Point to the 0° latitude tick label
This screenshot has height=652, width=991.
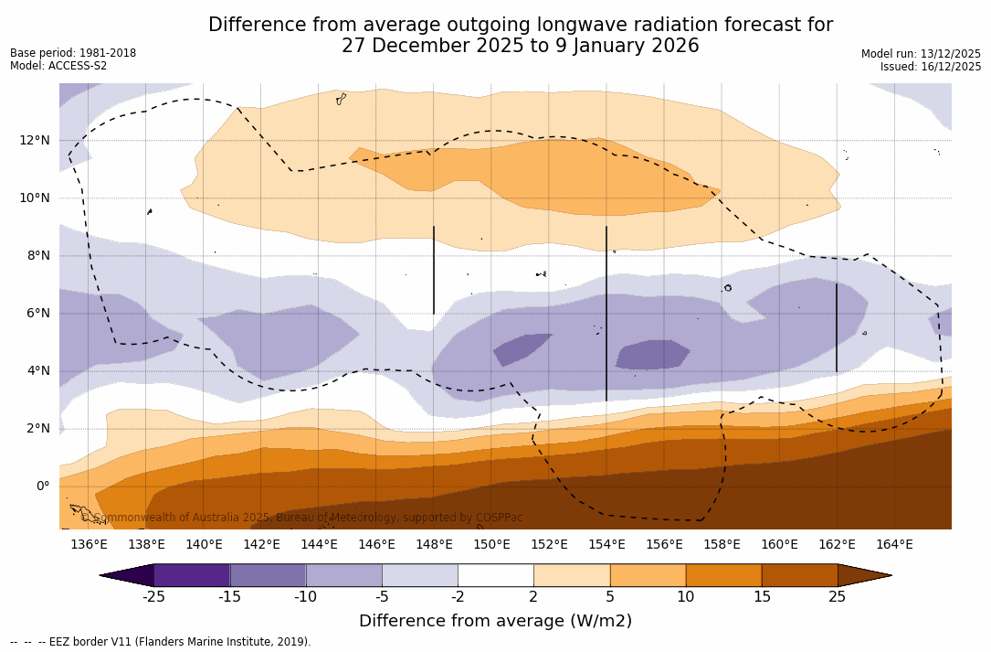click(42, 486)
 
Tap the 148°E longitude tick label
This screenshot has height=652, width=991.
click(434, 545)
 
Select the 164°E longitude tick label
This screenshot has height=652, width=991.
click(894, 545)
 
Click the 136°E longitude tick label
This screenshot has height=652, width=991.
click(89, 545)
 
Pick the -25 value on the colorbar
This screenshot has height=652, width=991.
click(153, 597)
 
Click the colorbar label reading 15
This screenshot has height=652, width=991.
click(761, 597)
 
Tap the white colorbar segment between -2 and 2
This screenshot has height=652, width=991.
click(496, 575)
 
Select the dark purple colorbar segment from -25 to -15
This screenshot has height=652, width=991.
click(192, 575)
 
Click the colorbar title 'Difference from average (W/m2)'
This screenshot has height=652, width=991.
click(495, 622)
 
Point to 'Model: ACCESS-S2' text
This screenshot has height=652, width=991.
click(58, 66)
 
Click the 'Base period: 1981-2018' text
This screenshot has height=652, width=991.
click(73, 53)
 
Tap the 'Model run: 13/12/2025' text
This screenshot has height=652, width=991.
click(921, 54)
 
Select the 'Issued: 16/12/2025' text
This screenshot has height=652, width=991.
click(931, 67)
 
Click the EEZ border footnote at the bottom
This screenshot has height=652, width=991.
click(161, 642)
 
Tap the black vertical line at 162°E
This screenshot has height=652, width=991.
click(836, 327)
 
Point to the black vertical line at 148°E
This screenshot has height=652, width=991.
click(434, 270)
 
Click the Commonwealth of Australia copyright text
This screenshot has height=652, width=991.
click(301, 518)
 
